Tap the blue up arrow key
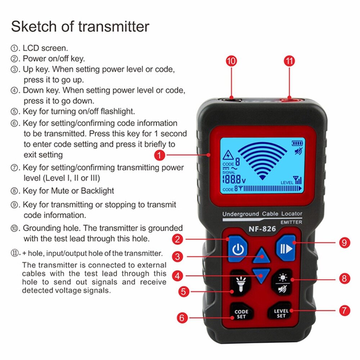261,256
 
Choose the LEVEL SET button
281,313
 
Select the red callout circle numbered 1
160,155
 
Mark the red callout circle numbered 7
345,310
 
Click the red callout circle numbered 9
345,243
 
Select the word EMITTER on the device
291,222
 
